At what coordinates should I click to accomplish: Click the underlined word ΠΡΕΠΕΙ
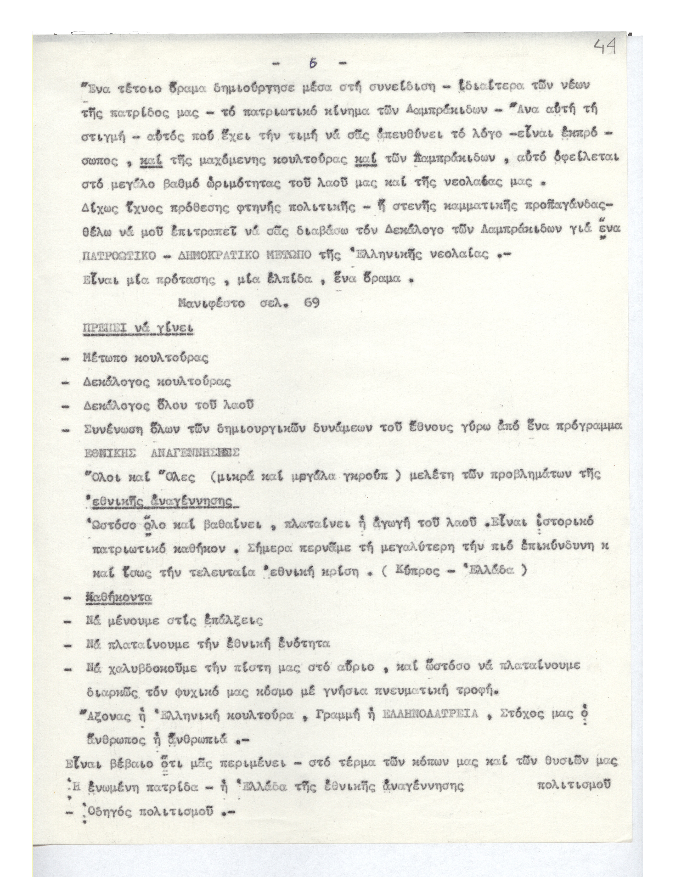point(106,329)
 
